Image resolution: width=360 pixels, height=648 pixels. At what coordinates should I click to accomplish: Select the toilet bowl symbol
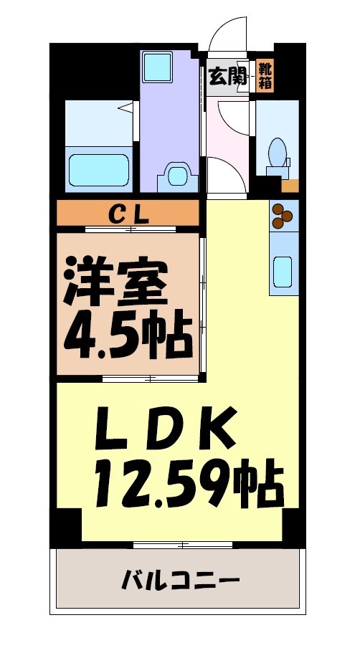pyautogui.click(x=278, y=152)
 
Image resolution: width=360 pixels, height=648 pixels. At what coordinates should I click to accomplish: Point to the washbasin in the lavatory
pyautogui.click(x=176, y=175)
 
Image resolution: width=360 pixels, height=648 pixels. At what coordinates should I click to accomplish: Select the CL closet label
pyautogui.click(x=128, y=213)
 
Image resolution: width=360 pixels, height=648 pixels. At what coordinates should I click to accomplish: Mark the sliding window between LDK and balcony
pyautogui.click(x=183, y=545)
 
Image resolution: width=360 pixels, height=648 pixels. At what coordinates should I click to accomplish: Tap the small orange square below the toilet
pyautogui.click(x=290, y=186)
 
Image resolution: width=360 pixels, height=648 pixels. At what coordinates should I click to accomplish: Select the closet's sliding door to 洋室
pyautogui.click(x=130, y=229)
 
